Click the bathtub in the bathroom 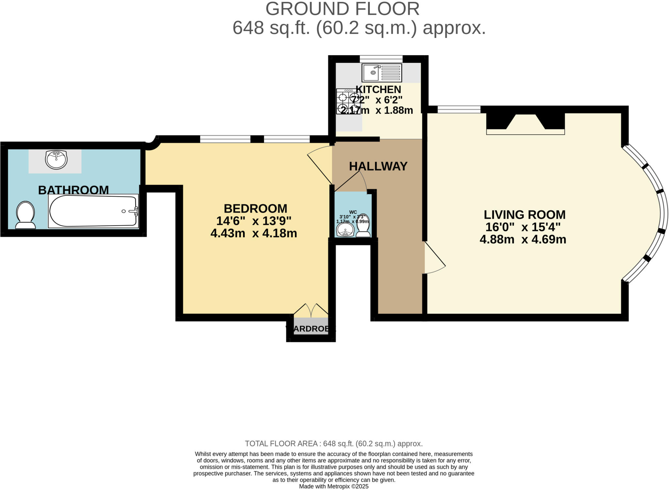point(93,211)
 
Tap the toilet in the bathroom point(25,215)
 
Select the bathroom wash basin point(57,160)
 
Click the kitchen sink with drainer point(382,73)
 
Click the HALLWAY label point(378,166)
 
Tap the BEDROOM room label point(255,209)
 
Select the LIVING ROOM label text point(524,215)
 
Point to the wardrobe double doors point(311,311)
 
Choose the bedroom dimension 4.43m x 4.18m point(253,233)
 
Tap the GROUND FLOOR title point(342,9)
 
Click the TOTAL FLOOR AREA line point(334,444)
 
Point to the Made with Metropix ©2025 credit point(334,486)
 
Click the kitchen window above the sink point(381,59)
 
